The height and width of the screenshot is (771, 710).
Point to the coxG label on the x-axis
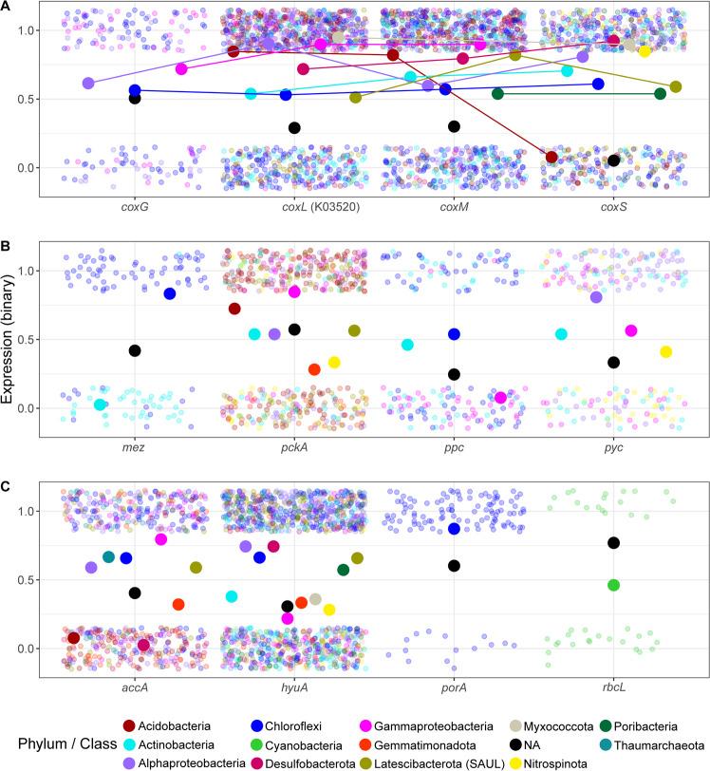[x=135, y=209]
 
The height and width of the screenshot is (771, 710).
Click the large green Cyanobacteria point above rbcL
[x=613, y=585]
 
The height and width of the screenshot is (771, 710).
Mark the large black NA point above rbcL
[x=613, y=543]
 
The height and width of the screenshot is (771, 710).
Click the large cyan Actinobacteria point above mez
[x=100, y=404]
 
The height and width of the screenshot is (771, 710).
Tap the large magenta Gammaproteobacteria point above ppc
[x=500, y=398]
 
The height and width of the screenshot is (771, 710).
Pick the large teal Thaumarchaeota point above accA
[x=108, y=557]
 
